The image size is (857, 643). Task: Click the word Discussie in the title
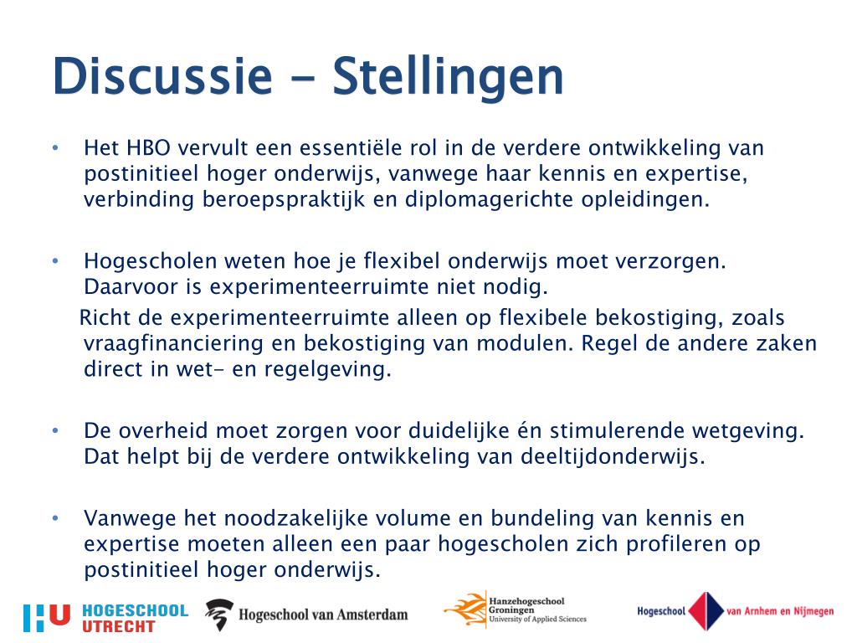click(162, 76)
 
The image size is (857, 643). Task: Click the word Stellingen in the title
click(448, 78)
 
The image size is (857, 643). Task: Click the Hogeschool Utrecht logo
click(105, 618)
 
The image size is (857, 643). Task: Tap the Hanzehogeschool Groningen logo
click(515, 610)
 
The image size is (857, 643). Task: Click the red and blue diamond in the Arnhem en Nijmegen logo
click(705, 611)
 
